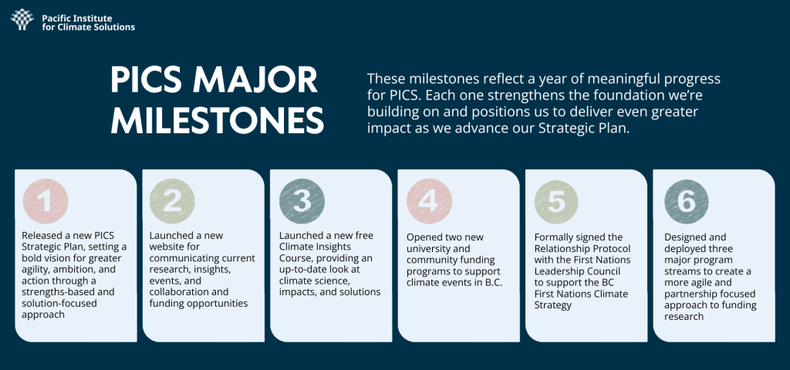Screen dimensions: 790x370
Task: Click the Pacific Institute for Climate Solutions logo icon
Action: coord(22,19)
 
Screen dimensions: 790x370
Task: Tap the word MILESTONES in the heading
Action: coord(217,119)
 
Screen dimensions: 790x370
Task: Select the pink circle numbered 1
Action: coord(46,201)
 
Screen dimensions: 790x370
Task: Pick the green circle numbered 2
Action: coord(172,201)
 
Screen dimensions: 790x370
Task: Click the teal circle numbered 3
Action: coord(302,201)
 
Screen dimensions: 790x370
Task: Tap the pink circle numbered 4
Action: coord(429,201)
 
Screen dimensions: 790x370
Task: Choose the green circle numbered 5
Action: coord(557,201)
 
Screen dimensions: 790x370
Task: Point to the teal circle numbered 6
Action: coord(686,201)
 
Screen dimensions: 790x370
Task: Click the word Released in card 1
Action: coord(41,236)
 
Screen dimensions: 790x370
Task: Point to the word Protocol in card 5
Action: coord(613,249)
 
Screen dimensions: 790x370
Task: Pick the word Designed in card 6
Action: coord(684,237)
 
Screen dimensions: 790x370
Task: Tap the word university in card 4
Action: coord(427,249)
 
